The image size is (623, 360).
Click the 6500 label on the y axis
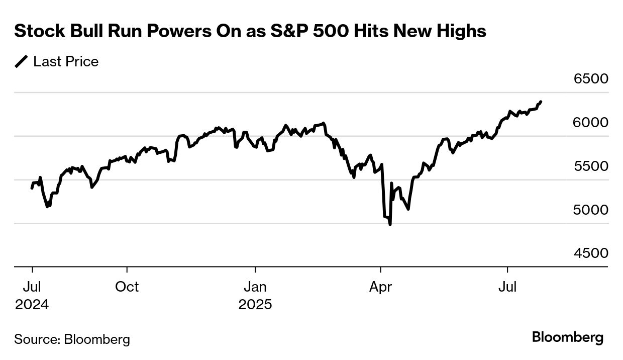591,79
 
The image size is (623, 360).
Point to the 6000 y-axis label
591,123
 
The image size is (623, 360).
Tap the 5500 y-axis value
591,166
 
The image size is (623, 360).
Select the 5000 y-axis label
591,210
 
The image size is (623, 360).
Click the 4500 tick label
591,253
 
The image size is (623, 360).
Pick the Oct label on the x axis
127,287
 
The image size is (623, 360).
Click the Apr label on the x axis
381,287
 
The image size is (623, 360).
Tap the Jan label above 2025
255,287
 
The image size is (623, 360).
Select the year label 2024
32,305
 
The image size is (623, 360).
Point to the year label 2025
255,305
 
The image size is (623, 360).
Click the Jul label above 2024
32,287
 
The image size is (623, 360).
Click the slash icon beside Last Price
22,62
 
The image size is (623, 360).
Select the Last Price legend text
66,62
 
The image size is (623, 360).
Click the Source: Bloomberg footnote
72,339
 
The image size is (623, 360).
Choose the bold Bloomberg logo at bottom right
568,337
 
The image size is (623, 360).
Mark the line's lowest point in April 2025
390,224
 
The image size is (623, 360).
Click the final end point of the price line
541,102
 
